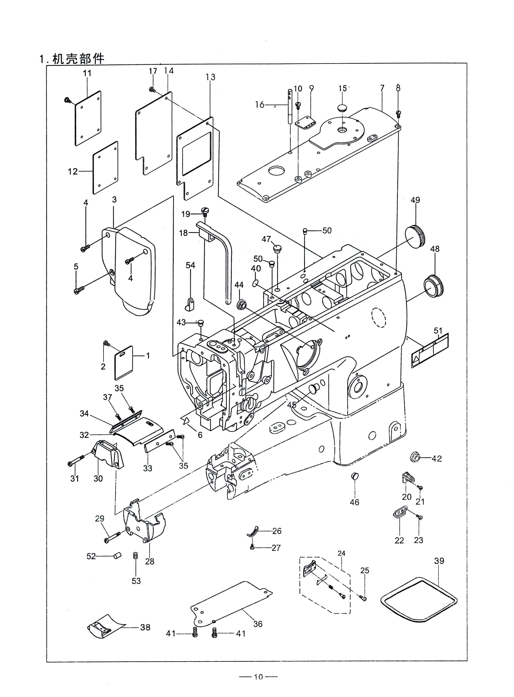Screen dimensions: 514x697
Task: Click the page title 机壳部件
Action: pyautogui.click(x=78, y=58)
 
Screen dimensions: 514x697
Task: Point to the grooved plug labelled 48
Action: pyautogui.click(x=434, y=285)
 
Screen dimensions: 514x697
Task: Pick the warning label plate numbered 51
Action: pyautogui.click(x=430, y=350)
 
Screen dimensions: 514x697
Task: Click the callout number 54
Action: pyautogui.click(x=190, y=265)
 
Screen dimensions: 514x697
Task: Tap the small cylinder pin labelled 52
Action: pyautogui.click(x=117, y=555)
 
